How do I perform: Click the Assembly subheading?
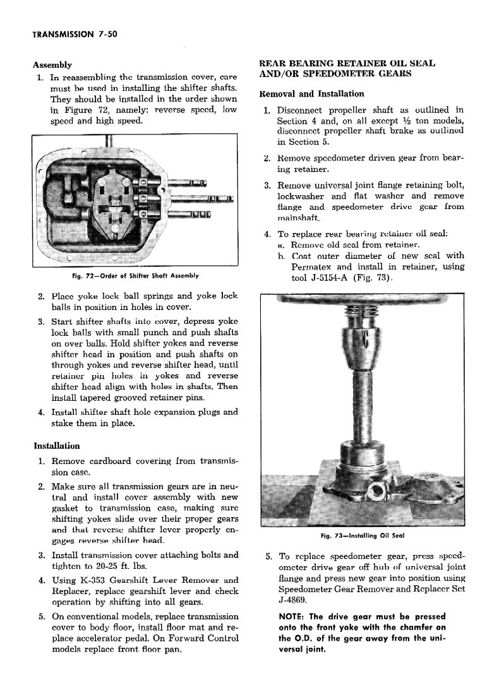point(52,64)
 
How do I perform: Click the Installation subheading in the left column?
point(56,446)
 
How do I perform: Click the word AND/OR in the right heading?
point(279,74)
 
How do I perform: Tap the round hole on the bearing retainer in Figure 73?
point(380,489)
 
